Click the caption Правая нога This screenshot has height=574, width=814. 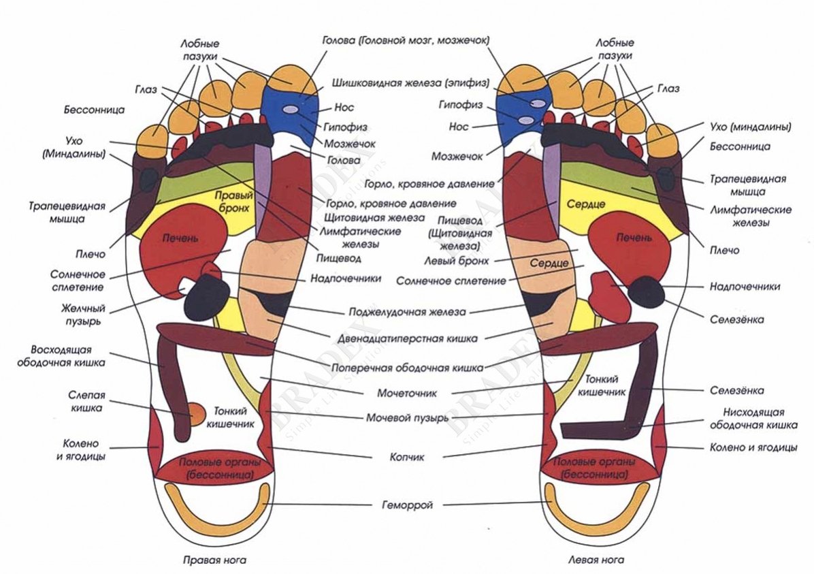click(214, 561)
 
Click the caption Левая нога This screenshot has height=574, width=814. click(596, 561)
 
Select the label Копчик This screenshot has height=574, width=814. click(408, 458)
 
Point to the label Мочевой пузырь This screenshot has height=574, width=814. click(407, 417)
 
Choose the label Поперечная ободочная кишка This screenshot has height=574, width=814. click(408, 366)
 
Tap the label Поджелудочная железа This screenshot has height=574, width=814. click(407, 313)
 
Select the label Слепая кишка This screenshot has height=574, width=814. click(86, 402)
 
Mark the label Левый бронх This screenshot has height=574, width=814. click(457, 260)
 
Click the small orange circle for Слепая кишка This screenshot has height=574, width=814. click(196, 413)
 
